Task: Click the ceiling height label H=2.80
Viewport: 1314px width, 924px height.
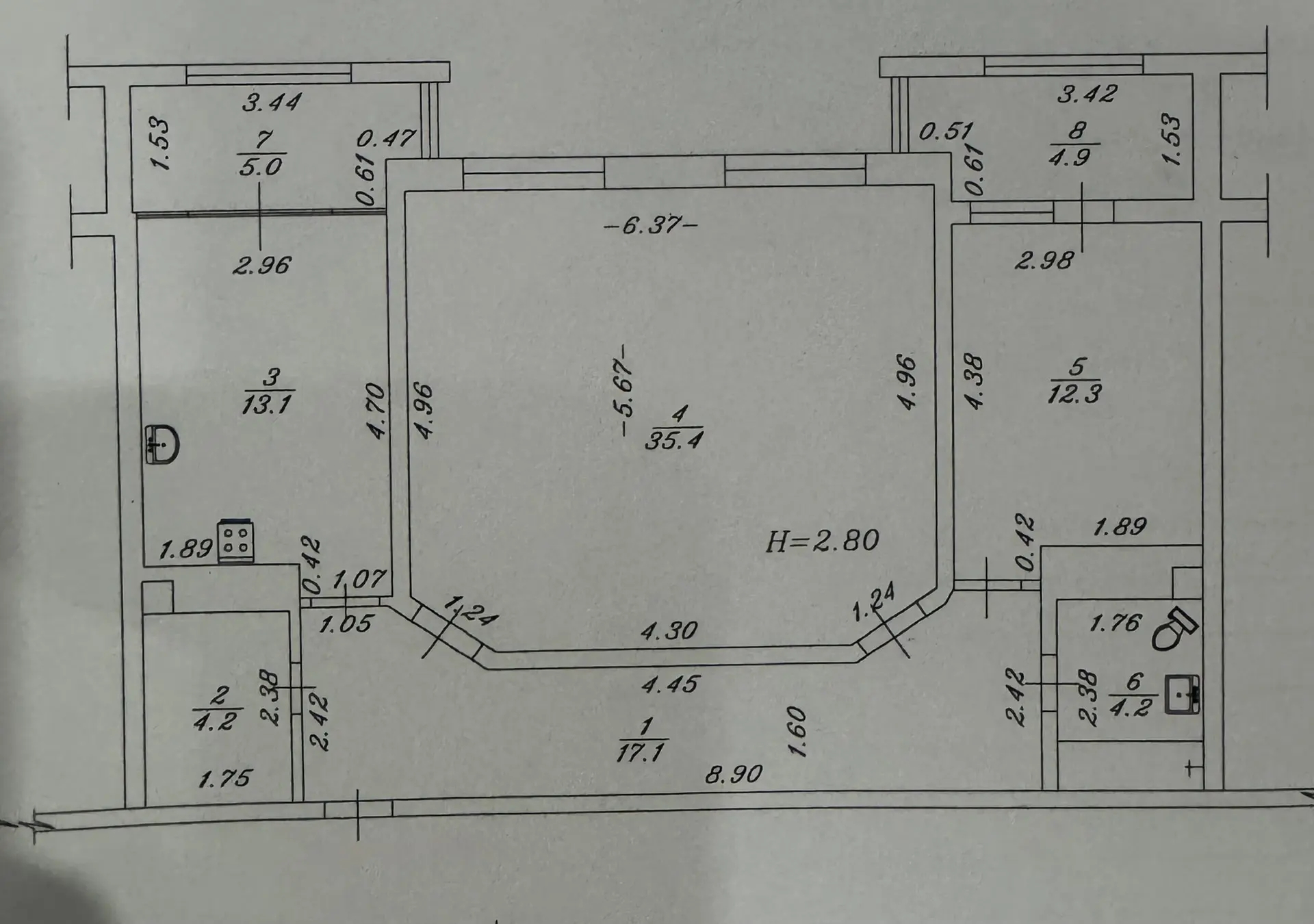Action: click(822, 541)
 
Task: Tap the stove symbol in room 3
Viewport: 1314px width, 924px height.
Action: click(235, 541)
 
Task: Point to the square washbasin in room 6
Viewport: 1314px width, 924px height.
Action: click(1183, 695)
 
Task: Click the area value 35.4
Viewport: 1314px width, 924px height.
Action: click(674, 440)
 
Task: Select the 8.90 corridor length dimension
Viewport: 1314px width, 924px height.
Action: click(734, 774)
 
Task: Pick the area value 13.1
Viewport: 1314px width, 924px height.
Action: click(266, 405)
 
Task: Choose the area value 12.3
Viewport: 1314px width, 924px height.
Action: click(1074, 394)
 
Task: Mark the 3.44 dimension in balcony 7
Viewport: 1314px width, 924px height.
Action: click(272, 103)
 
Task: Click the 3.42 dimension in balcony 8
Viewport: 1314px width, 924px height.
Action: click(1087, 93)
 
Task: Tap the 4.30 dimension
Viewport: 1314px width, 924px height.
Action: click(669, 630)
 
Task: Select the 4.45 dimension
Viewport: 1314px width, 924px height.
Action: click(670, 684)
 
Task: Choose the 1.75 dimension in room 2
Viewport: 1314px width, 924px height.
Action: click(224, 778)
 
